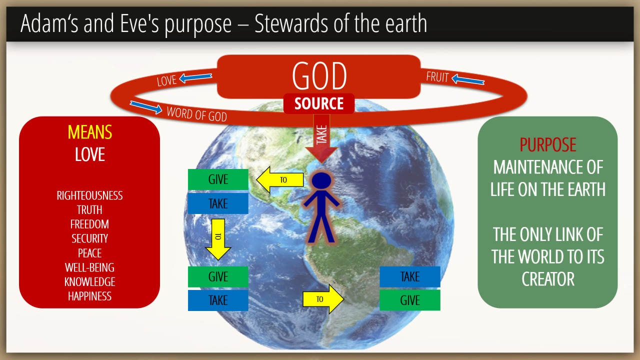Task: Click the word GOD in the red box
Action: pos(319,75)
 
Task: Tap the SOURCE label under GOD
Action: pos(319,103)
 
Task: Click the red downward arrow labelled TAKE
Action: pos(321,138)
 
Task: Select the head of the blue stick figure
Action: pos(321,180)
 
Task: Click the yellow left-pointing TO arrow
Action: pos(280,179)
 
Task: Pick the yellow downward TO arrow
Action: pos(218,239)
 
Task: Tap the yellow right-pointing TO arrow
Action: pos(323,299)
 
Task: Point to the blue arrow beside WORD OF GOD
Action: pos(146,107)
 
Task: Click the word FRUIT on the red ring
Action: pos(437,77)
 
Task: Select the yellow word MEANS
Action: pos(89,132)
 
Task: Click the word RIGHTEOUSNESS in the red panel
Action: pos(89,195)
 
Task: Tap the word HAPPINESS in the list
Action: pos(89,296)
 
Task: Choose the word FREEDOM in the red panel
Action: pos(89,224)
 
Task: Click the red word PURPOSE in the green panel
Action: pos(547,144)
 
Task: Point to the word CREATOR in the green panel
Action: pos(547,279)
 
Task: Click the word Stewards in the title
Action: pos(291,23)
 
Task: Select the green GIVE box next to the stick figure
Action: pos(218,179)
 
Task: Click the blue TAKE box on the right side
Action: pos(409,276)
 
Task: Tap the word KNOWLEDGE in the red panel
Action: pos(89,282)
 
